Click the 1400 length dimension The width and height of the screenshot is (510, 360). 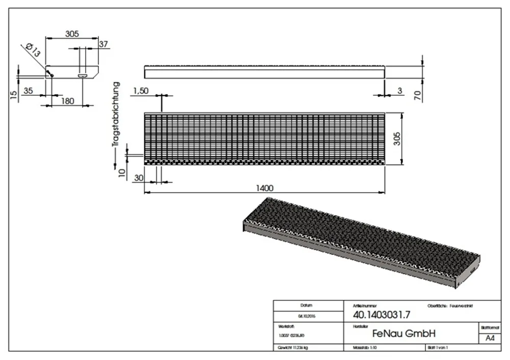pyautogui.click(x=265, y=187)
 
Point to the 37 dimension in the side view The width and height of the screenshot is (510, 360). pyautogui.click(x=104, y=44)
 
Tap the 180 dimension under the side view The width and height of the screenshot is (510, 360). pyautogui.click(x=67, y=101)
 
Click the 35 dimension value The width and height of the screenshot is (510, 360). pyautogui.click(x=29, y=91)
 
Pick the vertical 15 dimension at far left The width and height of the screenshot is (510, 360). pyautogui.click(x=14, y=93)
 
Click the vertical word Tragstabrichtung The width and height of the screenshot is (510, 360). pyautogui.click(x=117, y=115)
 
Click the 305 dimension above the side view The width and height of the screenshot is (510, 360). pyautogui.click(x=72, y=34)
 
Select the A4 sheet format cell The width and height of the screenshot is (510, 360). pyautogui.click(x=489, y=338)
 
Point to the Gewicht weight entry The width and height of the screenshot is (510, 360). pyautogui.click(x=293, y=347)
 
